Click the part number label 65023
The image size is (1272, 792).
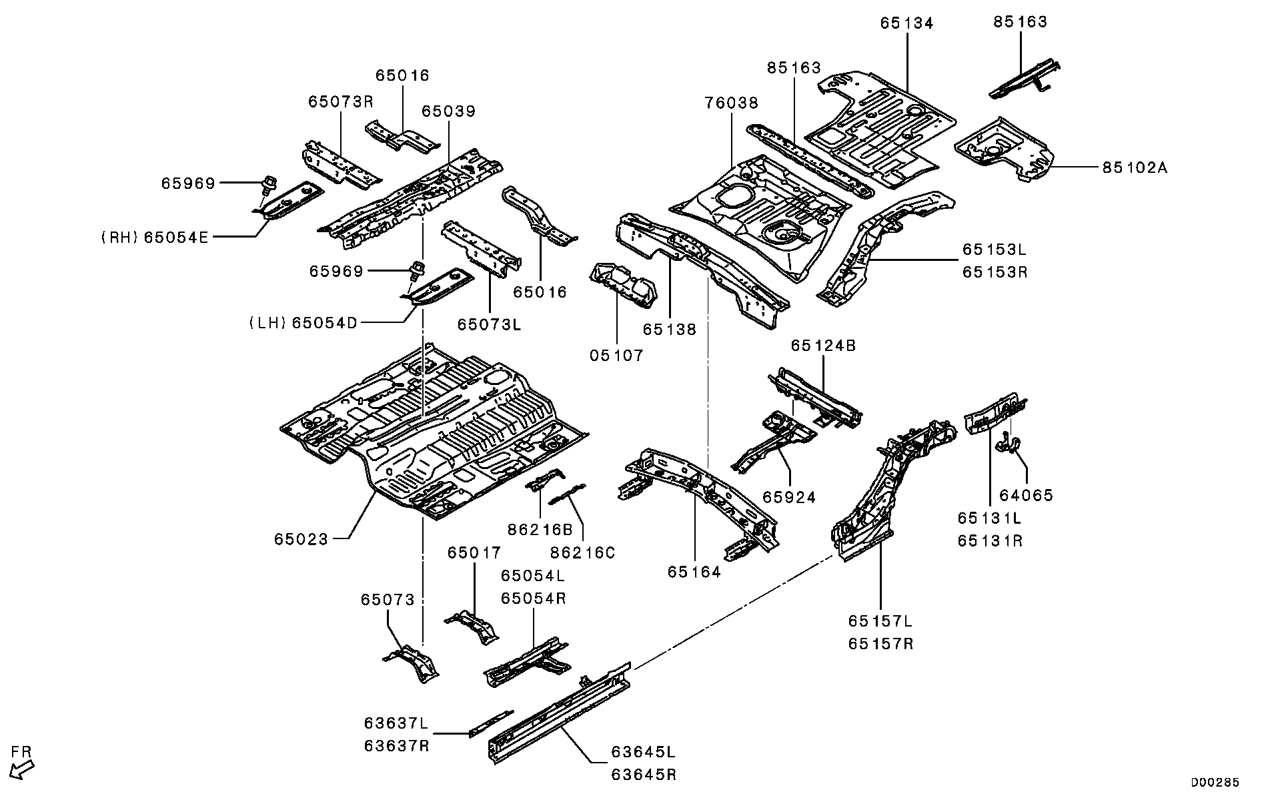301,539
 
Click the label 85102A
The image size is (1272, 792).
1134,168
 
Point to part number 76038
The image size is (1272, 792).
731,103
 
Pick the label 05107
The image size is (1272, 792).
616,356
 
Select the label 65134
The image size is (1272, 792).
906,23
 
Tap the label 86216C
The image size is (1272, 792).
582,553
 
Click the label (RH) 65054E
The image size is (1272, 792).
155,237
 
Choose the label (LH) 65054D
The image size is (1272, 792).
303,324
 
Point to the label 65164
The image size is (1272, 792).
694,572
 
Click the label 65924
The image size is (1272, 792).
789,498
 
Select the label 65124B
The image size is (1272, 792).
822,346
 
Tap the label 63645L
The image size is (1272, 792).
644,752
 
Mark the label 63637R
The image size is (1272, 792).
396,746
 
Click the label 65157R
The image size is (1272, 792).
880,644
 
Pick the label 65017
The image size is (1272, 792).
474,553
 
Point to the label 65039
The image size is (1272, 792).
448,111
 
